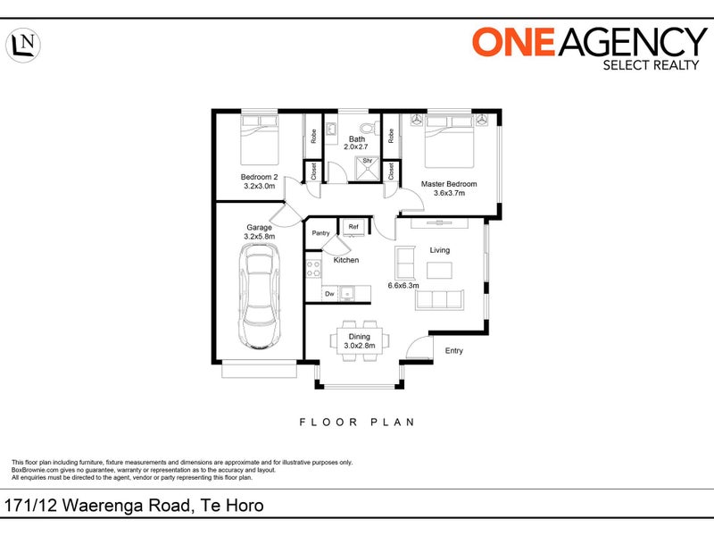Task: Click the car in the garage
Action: point(259,297)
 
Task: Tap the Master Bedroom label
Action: point(449,184)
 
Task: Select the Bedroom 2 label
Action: point(259,177)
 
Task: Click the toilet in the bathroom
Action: point(369,128)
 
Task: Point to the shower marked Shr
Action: point(367,169)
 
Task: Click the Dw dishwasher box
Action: point(329,294)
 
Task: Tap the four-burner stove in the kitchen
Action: point(313,269)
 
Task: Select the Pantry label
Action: point(320,233)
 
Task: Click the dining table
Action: point(360,341)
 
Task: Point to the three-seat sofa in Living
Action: point(439,300)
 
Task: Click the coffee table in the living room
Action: point(439,271)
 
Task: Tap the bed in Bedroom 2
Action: point(259,140)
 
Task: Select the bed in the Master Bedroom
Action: point(449,141)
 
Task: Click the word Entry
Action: point(454,350)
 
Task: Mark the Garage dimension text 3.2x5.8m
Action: point(260,236)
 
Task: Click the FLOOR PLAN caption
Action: point(357,423)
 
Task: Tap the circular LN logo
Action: point(23,46)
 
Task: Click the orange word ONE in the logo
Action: point(513,41)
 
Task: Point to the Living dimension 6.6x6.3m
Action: point(403,286)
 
